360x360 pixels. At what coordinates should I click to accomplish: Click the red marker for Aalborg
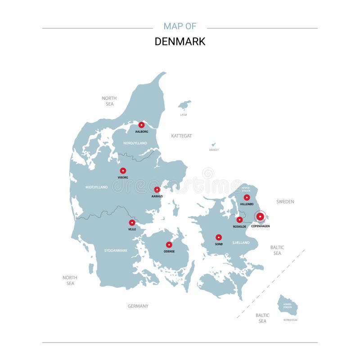pyautogui.click(x=141, y=125)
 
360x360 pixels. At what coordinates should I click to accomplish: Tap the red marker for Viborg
pyautogui.click(x=123, y=171)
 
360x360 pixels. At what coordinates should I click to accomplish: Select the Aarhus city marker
pyautogui.click(x=157, y=189)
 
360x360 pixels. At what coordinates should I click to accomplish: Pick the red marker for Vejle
pyautogui.click(x=132, y=222)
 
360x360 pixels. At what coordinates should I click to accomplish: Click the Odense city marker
pyautogui.click(x=169, y=245)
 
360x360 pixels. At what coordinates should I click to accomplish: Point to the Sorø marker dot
pyautogui.click(x=219, y=237)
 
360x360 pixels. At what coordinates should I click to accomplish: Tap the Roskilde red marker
pyautogui.click(x=239, y=220)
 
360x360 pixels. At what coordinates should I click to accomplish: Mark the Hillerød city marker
pyautogui.click(x=247, y=197)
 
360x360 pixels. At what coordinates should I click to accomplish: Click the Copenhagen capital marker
pyautogui.click(x=260, y=216)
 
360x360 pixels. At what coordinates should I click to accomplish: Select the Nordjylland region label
pyautogui.click(x=135, y=143)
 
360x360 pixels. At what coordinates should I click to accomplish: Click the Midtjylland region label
pyautogui.click(x=97, y=187)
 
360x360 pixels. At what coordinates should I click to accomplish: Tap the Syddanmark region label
pyautogui.click(x=116, y=250)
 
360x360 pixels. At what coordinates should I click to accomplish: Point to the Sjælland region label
pyautogui.click(x=241, y=243)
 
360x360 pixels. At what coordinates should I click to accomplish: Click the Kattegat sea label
pyautogui.click(x=181, y=135)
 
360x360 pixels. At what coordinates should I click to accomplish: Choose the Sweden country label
pyautogui.click(x=285, y=202)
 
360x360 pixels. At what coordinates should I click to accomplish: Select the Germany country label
pyautogui.click(x=138, y=306)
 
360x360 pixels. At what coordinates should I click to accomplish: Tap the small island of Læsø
pyautogui.click(x=184, y=105)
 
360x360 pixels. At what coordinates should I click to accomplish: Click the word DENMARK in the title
pyautogui.click(x=180, y=41)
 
